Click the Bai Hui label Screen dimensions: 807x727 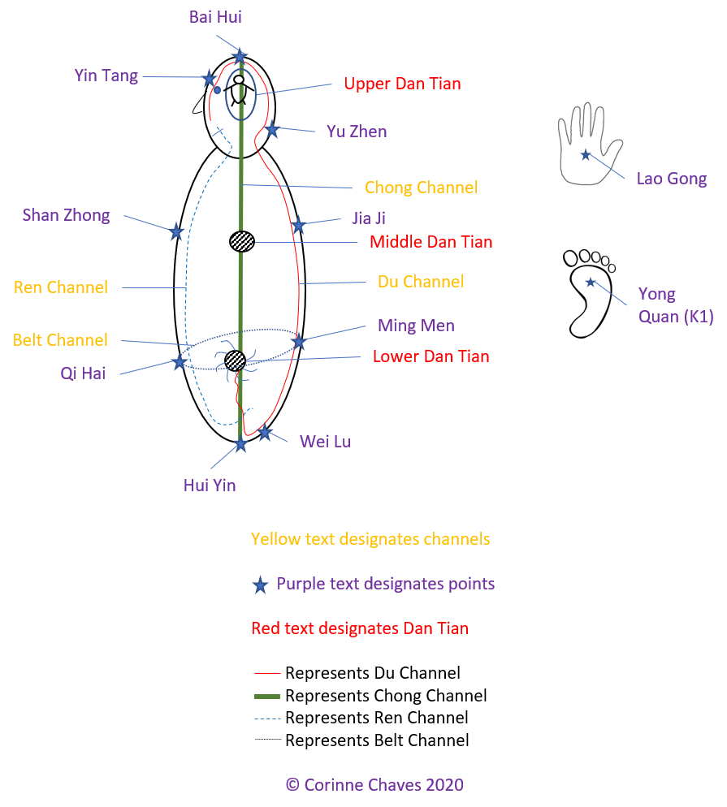coord(215,16)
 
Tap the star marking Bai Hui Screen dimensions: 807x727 coord(240,55)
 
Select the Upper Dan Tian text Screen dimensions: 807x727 coord(402,84)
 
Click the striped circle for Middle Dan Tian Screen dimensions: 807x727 coord(242,241)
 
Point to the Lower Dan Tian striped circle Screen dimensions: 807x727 coord(235,360)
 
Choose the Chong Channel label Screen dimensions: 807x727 coord(421,188)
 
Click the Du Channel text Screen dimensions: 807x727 coord(421,282)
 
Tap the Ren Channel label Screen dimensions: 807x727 coord(61,287)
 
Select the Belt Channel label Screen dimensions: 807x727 coord(60,339)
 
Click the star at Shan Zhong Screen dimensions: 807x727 coord(176,231)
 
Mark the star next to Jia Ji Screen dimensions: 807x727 coord(298,225)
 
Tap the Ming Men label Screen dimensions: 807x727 coord(416,326)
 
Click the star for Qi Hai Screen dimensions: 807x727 coord(179,361)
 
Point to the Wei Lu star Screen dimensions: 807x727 coord(265,433)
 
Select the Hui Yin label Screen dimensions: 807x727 coord(210,485)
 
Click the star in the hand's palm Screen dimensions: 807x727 coord(585,154)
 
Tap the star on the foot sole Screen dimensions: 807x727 coord(591,282)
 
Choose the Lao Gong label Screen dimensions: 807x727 coord(671,179)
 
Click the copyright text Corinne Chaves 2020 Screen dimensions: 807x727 coord(374,784)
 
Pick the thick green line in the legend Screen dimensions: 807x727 coord(267,696)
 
